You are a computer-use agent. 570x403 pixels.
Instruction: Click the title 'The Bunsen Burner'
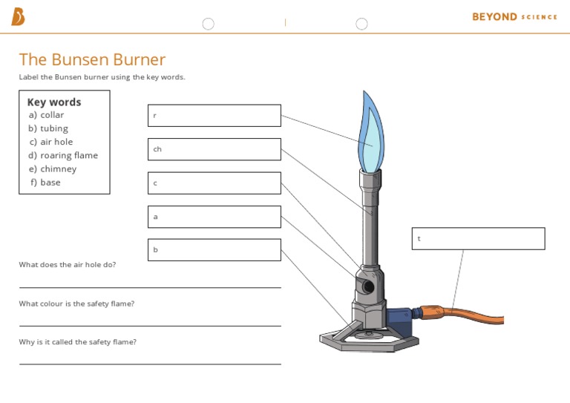click(x=92, y=59)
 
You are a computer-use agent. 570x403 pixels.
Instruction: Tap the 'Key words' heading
click(x=54, y=102)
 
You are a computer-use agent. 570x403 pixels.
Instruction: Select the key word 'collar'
click(x=51, y=115)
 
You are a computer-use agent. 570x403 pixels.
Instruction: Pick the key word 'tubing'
click(x=53, y=128)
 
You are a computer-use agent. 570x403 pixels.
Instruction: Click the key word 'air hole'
click(x=56, y=142)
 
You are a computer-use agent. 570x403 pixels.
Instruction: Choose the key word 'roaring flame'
click(x=68, y=155)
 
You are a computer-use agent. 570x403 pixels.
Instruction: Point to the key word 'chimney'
click(x=58, y=168)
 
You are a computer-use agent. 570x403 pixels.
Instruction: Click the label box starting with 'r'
click(x=214, y=116)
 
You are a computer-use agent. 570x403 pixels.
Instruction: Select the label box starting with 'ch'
click(x=214, y=149)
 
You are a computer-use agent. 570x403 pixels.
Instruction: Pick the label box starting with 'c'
click(x=214, y=183)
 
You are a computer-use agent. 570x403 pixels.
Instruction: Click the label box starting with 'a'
click(x=214, y=217)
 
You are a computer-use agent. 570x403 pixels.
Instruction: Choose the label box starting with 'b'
click(x=214, y=249)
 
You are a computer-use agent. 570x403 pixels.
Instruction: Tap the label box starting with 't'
click(x=478, y=238)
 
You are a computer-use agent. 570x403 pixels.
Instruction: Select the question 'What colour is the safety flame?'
click(x=76, y=304)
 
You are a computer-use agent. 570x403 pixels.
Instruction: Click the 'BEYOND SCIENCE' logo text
click(x=514, y=16)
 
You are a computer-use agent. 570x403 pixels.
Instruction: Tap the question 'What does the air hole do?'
click(x=68, y=264)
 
